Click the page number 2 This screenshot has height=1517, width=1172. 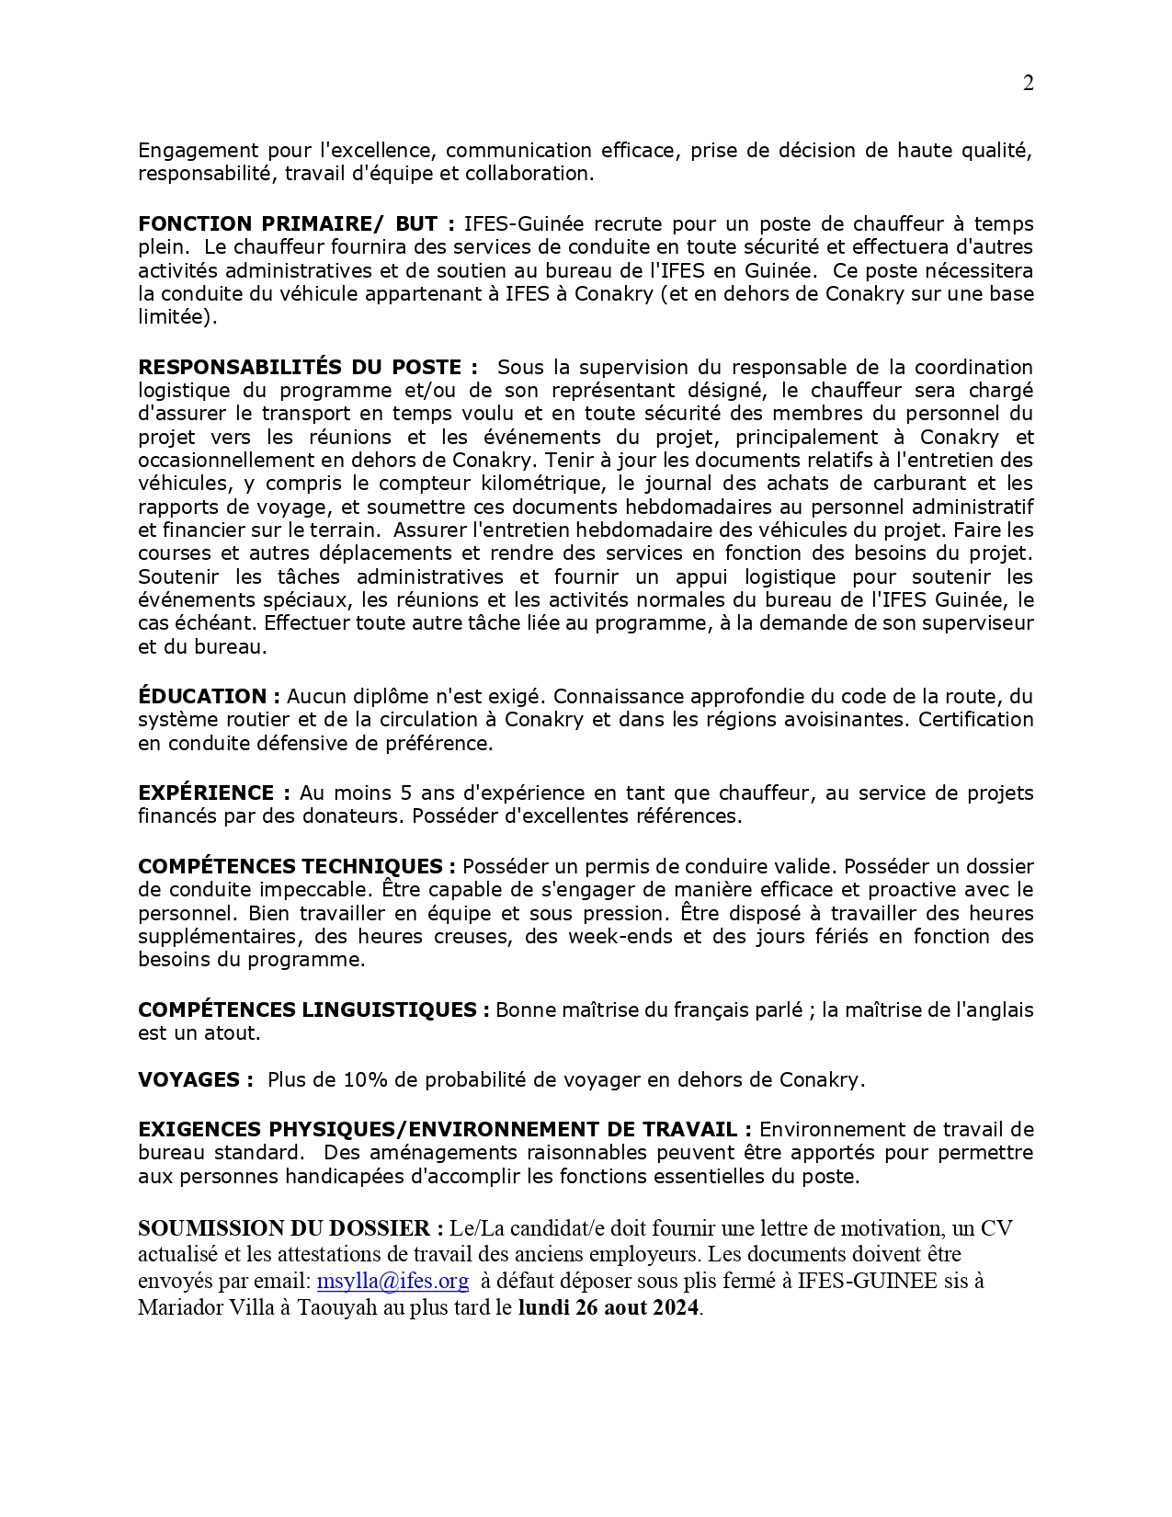1028,84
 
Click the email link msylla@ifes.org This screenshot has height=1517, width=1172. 393,1281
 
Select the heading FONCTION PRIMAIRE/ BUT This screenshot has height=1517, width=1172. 296,223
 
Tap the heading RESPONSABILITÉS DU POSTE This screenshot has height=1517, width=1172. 308,367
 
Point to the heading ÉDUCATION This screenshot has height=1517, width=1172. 209,696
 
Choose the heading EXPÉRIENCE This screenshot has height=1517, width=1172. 214,793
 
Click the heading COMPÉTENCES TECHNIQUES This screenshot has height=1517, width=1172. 296,866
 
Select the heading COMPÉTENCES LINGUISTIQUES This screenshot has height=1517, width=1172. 313,1009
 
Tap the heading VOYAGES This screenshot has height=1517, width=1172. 195,1079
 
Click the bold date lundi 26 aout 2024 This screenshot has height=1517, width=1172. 609,1307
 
